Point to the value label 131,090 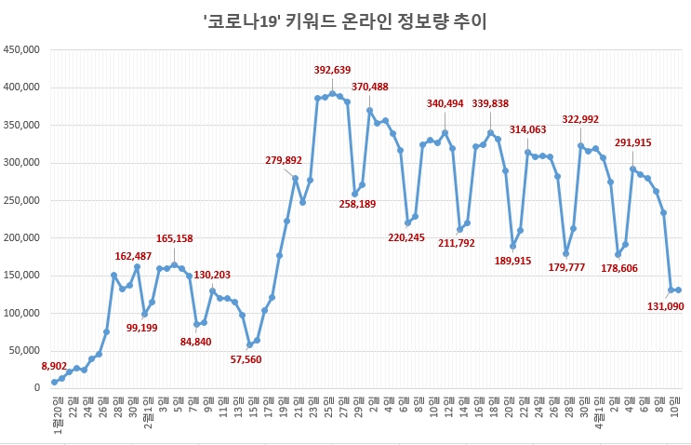click(664, 306)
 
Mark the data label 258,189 click(357, 204)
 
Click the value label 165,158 click(174, 239)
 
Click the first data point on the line click(55, 382)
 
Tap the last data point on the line click(678, 290)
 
